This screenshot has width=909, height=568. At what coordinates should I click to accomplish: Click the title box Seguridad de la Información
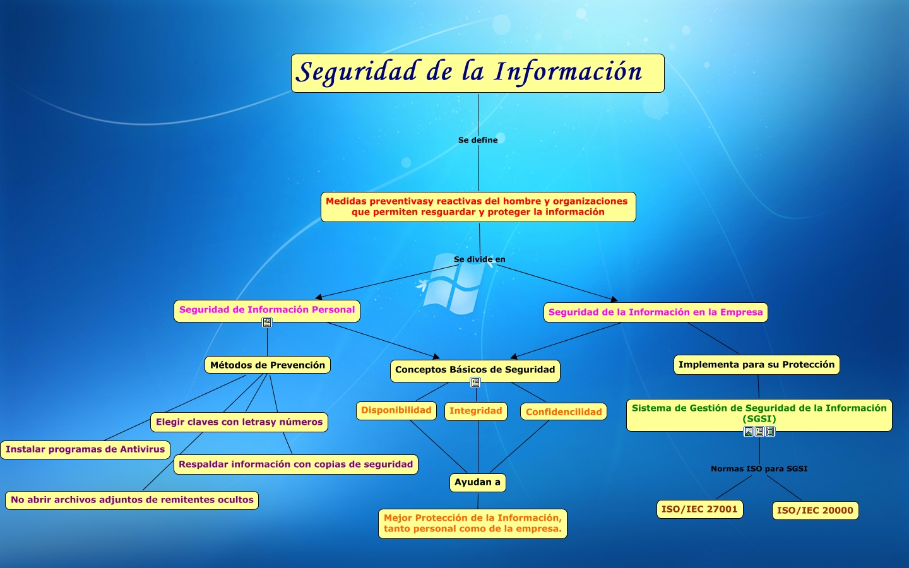click(478, 73)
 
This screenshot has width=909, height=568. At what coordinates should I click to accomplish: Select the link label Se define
click(478, 140)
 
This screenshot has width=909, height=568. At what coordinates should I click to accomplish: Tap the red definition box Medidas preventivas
click(478, 207)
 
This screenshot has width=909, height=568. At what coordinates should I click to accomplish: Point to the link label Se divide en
click(479, 259)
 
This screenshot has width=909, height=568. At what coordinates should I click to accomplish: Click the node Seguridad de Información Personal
click(267, 311)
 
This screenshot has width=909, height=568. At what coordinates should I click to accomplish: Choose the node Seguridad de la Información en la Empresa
click(655, 312)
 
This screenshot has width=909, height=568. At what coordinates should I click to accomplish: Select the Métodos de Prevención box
click(268, 365)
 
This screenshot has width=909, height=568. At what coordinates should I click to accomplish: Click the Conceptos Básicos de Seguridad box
click(475, 370)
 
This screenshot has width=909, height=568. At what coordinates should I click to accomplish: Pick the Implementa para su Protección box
click(756, 365)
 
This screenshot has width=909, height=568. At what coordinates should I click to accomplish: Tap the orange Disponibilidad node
click(396, 411)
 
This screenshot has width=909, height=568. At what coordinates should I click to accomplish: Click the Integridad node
click(475, 411)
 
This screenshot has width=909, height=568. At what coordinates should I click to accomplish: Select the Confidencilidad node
click(564, 411)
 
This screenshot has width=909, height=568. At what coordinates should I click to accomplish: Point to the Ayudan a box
click(478, 483)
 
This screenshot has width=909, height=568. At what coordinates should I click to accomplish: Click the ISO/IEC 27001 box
click(699, 509)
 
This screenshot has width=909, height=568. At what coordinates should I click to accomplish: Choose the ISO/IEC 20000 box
click(816, 511)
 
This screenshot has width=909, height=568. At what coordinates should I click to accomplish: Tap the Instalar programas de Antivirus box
click(85, 449)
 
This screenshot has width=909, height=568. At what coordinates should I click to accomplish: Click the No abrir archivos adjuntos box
click(132, 500)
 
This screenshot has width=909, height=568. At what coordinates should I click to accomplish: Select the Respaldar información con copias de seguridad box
click(296, 464)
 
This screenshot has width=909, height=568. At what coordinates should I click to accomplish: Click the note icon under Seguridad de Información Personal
click(267, 322)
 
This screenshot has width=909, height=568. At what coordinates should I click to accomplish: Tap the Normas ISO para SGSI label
click(759, 469)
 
